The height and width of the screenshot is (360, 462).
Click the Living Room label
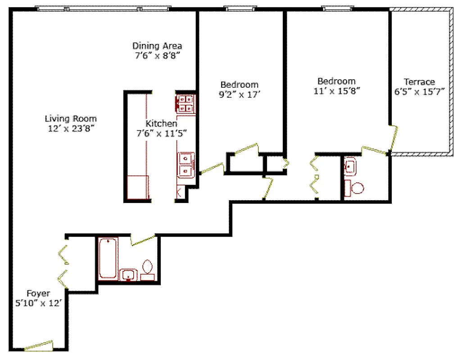point(71,119)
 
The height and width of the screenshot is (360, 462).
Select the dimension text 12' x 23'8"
point(71,128)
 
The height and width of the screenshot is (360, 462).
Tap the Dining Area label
point(157,45)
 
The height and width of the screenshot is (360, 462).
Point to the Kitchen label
point(161,123)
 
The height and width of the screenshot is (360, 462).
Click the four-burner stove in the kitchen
point(185,103)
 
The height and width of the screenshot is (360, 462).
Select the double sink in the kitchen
point(186,164)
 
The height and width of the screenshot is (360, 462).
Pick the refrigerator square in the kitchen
point(138,187)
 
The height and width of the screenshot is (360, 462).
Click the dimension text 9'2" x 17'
point(239,94)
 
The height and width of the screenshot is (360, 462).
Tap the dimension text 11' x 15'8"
point(336,90)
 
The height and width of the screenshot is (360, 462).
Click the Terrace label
point(419,82)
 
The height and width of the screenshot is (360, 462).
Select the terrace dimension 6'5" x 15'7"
point(419,92)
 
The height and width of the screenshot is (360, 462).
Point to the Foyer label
point(38,294)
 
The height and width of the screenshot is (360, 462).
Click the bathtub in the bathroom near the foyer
point(108,259)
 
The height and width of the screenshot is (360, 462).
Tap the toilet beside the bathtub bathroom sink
point(147,269)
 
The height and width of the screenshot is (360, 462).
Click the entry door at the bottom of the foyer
point(38,345)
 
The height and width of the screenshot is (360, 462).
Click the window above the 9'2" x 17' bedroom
point(240,8)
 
